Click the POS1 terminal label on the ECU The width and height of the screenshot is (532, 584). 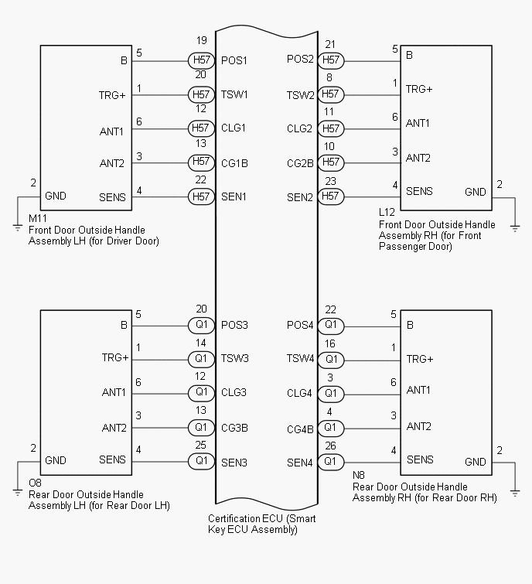point(234,60)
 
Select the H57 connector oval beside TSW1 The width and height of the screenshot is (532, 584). point(201,94)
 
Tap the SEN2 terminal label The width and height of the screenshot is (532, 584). point(300,197)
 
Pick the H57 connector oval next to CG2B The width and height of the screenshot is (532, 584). point(331,162)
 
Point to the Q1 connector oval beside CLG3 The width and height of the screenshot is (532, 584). point(201,393)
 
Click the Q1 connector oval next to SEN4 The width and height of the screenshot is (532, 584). point(331,463)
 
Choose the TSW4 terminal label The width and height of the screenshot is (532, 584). point(300,359)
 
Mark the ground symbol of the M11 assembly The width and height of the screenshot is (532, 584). point(17,227)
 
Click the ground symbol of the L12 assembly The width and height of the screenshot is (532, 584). point(515,227)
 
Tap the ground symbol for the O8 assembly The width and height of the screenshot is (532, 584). point(17,490)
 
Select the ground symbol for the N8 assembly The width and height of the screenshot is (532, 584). point(515,490)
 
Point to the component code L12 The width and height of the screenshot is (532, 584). point(387,211)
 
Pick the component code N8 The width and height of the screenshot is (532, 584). point(359,475)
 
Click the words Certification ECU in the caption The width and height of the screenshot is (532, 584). point(244,518)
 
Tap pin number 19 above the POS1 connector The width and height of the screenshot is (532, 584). point(201,40)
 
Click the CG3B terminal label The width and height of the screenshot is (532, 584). point(234,428)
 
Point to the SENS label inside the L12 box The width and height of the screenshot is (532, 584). point(419,191)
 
